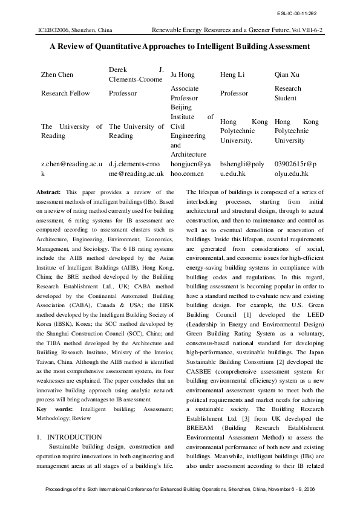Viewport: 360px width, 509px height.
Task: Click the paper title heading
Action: [180, 46]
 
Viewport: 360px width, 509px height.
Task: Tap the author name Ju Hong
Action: [182, 74]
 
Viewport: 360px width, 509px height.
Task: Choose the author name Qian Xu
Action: [287, 74]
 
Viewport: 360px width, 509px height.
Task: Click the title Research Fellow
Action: [65, 93]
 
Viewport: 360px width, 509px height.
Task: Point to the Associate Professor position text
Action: [185, 93]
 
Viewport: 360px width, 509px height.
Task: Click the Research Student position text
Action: [287, 93]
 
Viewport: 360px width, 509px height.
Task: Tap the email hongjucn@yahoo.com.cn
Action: [190, 169]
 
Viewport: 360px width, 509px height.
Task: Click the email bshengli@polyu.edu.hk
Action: [242, 169]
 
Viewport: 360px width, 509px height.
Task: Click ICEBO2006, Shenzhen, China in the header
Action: [71, 29]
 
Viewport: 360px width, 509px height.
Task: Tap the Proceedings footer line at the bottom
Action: [180, 488]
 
